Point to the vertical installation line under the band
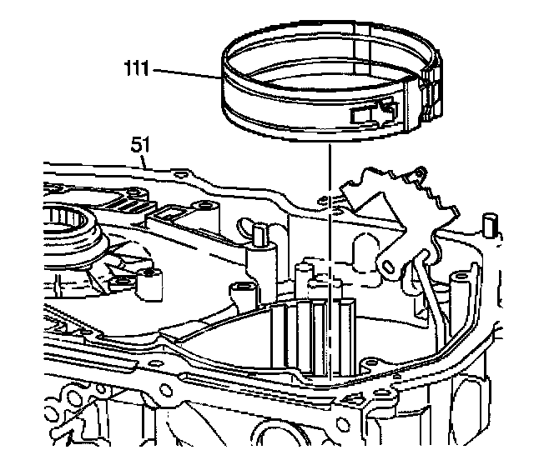pos(330,250)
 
